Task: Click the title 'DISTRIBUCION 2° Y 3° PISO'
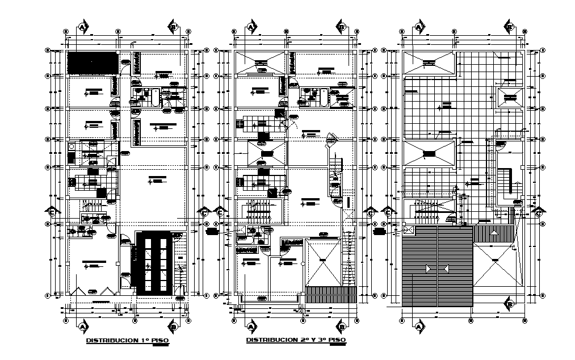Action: point(295,341)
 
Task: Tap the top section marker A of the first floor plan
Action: point(83,27)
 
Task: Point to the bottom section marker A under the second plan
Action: point(251,327)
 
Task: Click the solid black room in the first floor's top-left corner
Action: point(93,62)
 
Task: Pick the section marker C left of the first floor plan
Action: point(52,212)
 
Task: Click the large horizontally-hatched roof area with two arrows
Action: point(437,266)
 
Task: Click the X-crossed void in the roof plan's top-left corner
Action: point(429,63)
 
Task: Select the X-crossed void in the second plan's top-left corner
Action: point(259,62)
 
